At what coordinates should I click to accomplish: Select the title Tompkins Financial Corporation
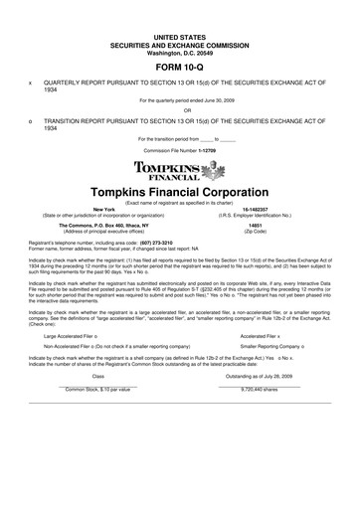[x=180, y=190]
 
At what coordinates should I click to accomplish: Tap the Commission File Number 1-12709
[x=179, y=150]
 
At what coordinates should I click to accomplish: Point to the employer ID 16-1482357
[x=268, y=210]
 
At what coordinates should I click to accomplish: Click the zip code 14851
[x=268, y=226]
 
